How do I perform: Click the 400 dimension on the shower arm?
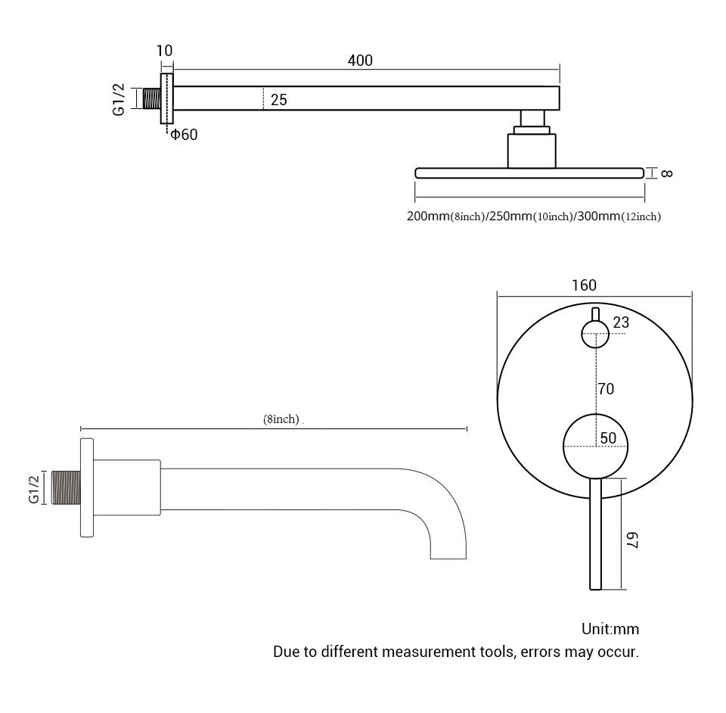pyautogui.click(x=360, y=61)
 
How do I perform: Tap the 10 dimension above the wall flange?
pyautogui.click(x=164, y=51)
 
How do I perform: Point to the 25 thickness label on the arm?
pyautogui.click(x=278, y=99)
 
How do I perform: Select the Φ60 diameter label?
pyautogui.click(x=184, y=135)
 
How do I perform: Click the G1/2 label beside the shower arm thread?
pyautogui.click(x=119, y=100)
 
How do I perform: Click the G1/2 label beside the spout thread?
pyautogui.click(x=33, y=488)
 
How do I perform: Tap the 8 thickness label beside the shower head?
pyautogui.click(x=666, y=173)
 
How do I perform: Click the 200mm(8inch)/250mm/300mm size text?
pyautogui.click(x=533, y=217)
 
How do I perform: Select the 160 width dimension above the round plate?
pyautogui.click(x=584, y=285)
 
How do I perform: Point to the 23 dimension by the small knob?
pyautogui.click(x=620, y=322)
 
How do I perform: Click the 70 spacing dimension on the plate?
pyautogui.click(x=605, y=389)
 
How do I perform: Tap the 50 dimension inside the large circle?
pyautogui.click(x=607, y=438)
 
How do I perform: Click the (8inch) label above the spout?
pyautogui.click(x=281, y=419)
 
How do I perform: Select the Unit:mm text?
pyautogui.click(x=610, y=629)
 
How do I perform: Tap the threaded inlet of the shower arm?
pyautogui.click(x=150, y=99)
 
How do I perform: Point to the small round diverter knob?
pyautogui.click(x=595, y=332)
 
